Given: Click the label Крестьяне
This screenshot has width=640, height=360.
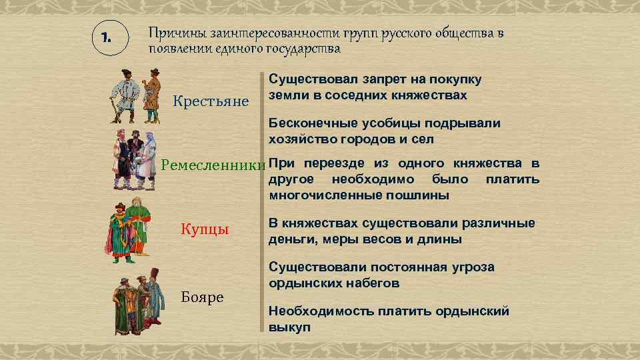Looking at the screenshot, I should pos(211,101).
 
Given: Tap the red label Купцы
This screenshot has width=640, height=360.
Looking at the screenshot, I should pos(205,230).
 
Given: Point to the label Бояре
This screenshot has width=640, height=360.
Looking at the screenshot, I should pos(202,297).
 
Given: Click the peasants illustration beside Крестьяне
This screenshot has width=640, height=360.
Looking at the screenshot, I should pos(135,95).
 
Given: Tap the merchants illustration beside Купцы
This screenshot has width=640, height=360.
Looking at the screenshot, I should pos(127,229).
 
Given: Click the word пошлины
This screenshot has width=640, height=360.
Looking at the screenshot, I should pos(418,195).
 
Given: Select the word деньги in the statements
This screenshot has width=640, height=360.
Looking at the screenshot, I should pos(291,239).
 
